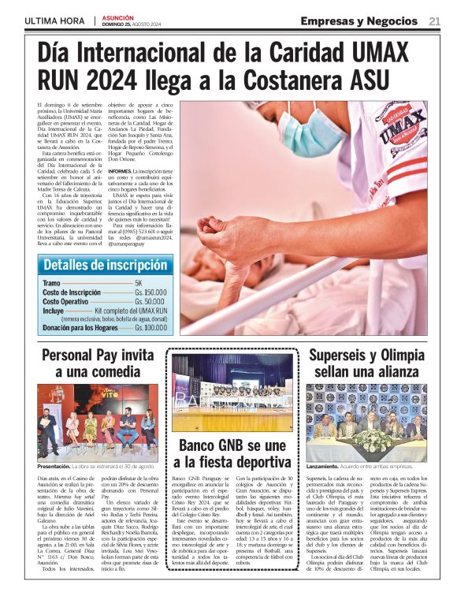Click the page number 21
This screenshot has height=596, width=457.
[434, 21]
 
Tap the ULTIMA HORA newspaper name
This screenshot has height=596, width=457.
[54, 21]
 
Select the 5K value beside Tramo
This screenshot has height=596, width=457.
[138, 282]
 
